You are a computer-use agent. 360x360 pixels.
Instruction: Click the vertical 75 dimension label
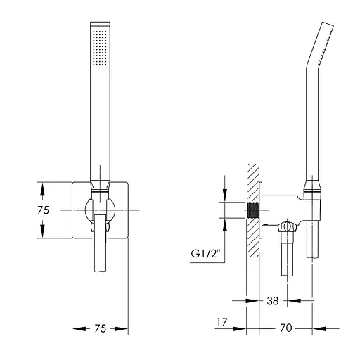(44, 210)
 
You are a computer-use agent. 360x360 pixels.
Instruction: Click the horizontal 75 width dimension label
(101, 328)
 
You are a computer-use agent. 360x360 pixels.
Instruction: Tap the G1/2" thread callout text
(206, 254)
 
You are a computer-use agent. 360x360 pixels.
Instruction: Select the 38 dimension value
(273, 301)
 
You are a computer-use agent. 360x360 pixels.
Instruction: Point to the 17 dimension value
(221, 322)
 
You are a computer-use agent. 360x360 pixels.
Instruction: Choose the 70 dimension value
(286, 328)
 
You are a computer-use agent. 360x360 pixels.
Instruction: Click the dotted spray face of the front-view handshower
(100, 48)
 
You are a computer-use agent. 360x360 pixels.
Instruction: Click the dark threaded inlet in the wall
(252, 210)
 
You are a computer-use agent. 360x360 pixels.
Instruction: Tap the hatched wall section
(253, 210)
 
